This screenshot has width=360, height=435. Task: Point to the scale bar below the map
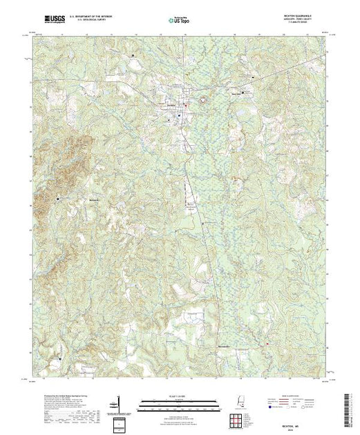173,400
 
